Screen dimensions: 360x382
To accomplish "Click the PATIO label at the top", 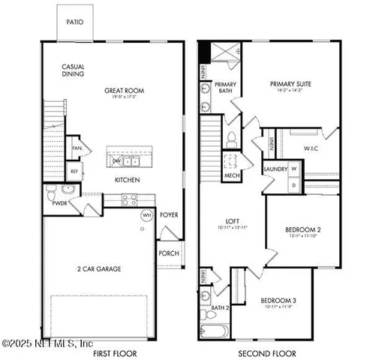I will [x=76, y=22].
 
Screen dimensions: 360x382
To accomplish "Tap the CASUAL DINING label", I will [x=73, y=70].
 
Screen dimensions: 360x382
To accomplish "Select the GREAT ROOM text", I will [x=124, y=91].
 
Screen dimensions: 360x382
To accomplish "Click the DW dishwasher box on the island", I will [x=116, y=160].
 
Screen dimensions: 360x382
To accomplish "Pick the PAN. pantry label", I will [x=77, y=148].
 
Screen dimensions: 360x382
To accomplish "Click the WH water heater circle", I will [x=148, y=215].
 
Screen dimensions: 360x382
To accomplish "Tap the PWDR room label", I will [x=60, y=202].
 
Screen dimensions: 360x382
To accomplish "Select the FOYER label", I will [x=169, y=215].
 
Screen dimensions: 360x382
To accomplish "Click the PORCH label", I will [x=168, y=253].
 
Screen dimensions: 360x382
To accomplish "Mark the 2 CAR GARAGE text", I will [x=98, y=268].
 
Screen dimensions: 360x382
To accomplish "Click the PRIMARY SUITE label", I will [x=290, y=84].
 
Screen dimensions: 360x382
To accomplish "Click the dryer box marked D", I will [x=294, y=184].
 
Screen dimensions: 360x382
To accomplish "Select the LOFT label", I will [x=233, y=221].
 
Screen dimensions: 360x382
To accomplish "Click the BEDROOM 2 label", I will [x=303, y=229].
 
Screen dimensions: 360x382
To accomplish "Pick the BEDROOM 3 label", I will [x=278, y=301].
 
